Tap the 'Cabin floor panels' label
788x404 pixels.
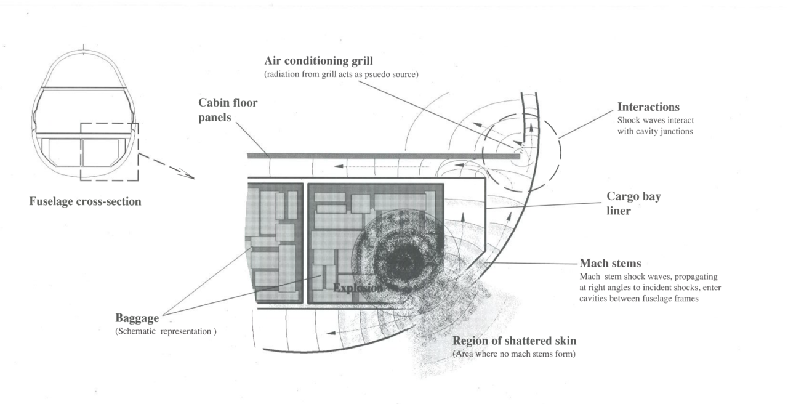[228, 110]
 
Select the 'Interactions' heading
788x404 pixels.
[648, 107]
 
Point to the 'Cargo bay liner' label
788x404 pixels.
[634, 203]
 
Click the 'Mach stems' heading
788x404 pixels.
[611, 264]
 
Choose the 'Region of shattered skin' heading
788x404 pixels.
[515, 341]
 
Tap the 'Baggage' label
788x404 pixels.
[137, 318]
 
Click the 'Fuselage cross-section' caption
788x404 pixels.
[85, 201]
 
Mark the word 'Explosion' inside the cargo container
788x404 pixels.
[358, 288]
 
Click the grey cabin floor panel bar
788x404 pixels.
[382, 156]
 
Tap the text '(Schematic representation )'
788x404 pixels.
[166, 331]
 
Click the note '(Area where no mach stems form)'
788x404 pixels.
[514, 354]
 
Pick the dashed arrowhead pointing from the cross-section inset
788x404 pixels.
[187, 176]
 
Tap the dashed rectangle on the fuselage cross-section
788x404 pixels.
[110, 151]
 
